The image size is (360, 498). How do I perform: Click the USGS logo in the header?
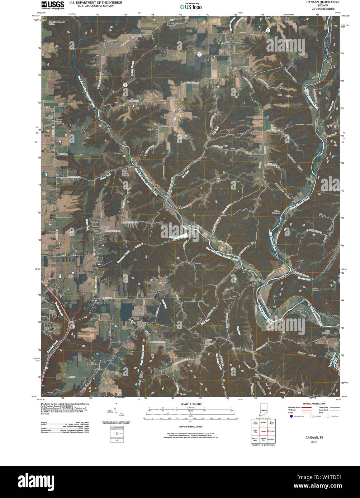pos(52,5)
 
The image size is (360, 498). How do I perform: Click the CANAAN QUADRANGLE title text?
pos(319,2)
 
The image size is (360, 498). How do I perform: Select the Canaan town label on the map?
pos(235,41)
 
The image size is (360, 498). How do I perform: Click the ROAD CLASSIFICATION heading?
pos(314,404)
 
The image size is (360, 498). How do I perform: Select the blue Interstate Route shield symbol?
pos(290,416)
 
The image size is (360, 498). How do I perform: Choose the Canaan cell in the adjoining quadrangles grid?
pos(264,431)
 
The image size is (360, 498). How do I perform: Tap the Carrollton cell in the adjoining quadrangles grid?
pos(271,439)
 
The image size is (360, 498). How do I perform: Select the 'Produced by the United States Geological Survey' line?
pos(65,403)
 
